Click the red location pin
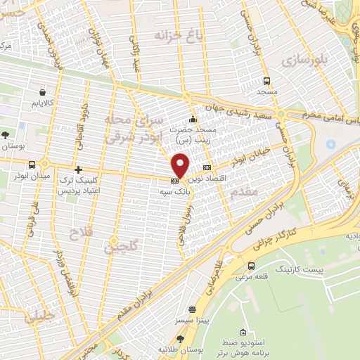[181, 166]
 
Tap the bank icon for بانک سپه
[174, 182]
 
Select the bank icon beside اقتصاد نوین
[207, 168]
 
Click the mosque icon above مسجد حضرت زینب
[193, 119]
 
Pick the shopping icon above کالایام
[43, 92]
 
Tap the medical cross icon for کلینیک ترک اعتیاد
[77, 169]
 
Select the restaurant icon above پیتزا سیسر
[192, 309]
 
